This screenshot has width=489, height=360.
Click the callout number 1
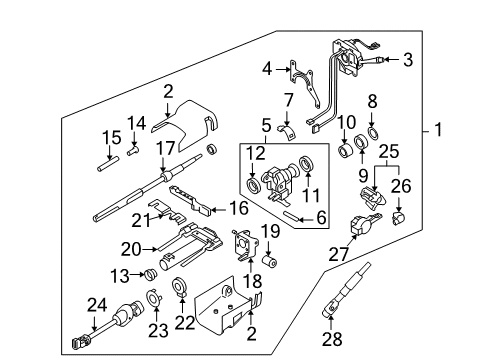coord(441,129)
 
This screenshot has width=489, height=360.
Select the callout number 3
coord(407,60)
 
